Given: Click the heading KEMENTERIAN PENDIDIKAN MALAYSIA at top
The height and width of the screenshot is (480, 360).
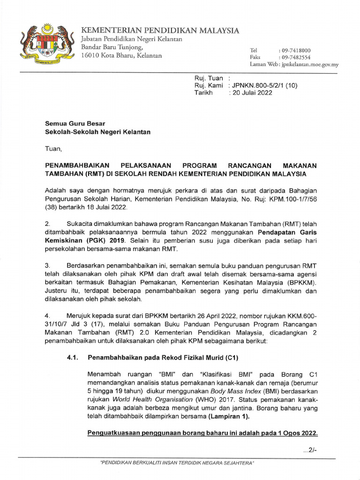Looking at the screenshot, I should click(x=160, y=30).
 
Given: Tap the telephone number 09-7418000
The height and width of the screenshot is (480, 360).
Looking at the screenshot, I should click(x=294, y=50).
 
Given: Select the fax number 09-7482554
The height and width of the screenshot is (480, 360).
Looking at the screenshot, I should click(x=294, y=57).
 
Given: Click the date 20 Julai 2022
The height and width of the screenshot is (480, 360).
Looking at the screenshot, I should click(x=250, y=93).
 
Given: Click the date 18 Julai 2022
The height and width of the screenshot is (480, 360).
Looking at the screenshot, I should click(x=105, y=207).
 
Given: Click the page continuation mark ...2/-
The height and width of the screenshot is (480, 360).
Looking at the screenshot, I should click(x=310, y=450).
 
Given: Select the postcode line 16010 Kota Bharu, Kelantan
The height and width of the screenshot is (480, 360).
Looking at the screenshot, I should click(x=121, y=55).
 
